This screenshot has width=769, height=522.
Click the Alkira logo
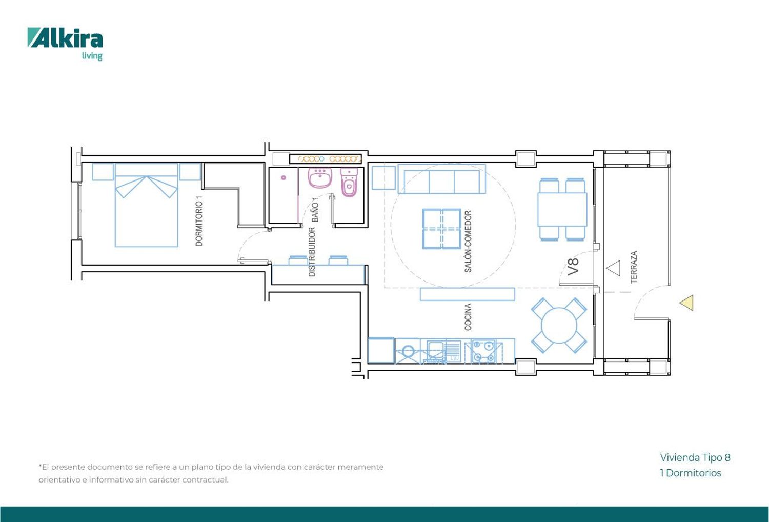click(65, 44)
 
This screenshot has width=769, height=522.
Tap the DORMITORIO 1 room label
click(199, 221)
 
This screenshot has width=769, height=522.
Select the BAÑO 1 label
click(315, 210)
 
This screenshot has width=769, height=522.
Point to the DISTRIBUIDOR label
click(312, 252)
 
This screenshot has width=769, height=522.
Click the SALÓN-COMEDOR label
click(468, 242)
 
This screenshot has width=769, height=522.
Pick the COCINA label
click(468, 317)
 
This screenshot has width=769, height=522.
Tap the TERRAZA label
click(634, 267)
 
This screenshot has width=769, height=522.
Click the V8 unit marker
click(573, 267)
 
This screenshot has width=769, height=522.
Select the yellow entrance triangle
click(686, 303)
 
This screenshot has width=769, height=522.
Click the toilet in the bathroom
click(349, 182)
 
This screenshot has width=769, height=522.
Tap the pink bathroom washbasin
click(320, 177)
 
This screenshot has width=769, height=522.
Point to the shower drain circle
click(284, 177)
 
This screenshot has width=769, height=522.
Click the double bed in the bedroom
click(147, 205)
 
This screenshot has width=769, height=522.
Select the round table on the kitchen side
click(559, 326)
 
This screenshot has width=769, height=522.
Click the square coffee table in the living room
click(441, 229)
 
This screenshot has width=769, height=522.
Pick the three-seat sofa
click(441, 179)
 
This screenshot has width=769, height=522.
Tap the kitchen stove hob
click(484, 351)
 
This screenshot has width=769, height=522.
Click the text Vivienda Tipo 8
click(695, 457)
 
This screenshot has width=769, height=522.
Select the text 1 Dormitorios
click(691, 473)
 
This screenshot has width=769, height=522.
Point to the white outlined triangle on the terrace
click(614, 268)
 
